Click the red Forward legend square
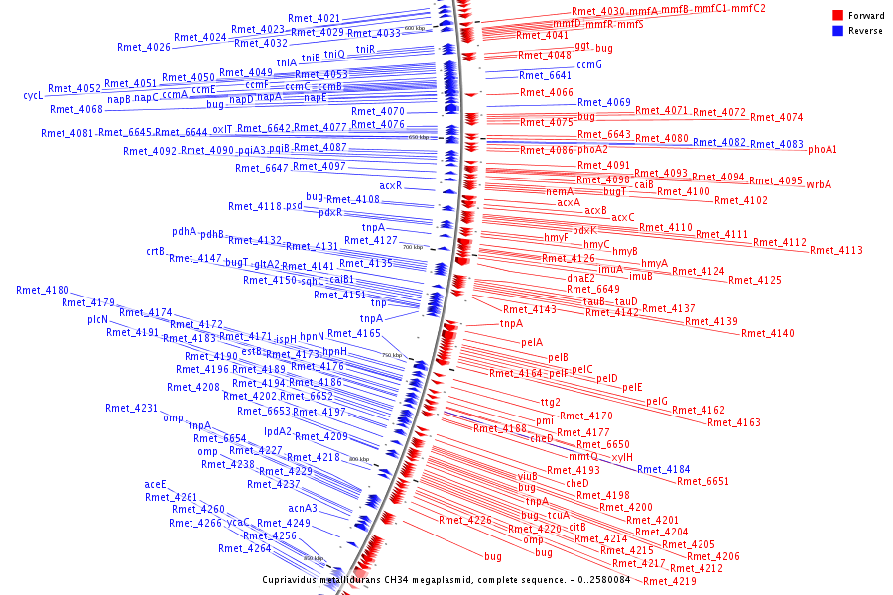[837, 16]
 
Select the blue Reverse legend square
[837, 31]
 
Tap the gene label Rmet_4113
[835, 250]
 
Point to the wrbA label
[819, 184]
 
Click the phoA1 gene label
[822, 149]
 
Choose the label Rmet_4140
[767, 333]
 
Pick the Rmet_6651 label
[702, 481]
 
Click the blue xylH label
[622, 457]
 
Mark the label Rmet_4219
[670, 581]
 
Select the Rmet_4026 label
[143, 47]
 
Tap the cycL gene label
[33, 96]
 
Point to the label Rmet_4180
[43, 290]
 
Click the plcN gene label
[97, 319]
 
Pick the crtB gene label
[156, 251]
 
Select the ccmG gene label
[589, 64]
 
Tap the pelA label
[532, 342]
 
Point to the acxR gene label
[390, 185]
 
